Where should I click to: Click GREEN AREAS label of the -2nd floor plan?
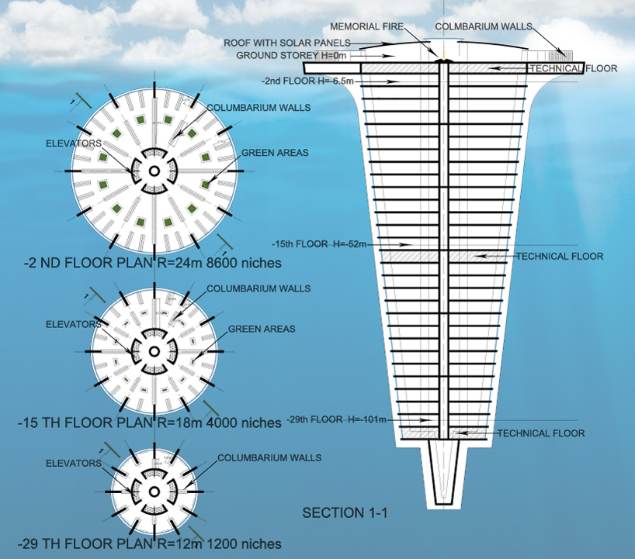[274, 153]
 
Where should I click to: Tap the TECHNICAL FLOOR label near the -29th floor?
[541, 433]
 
